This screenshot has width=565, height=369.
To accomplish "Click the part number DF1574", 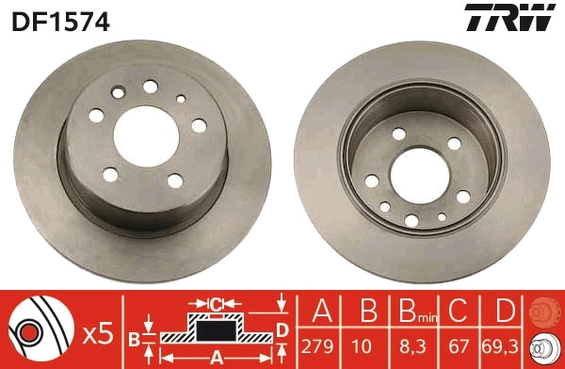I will tap(60, 18).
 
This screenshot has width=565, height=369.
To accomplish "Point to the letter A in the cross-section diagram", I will tap(216, 357).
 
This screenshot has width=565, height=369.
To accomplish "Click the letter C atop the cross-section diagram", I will tap(216, 304).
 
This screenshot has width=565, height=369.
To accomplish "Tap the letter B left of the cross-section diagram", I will tap(135, 337).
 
